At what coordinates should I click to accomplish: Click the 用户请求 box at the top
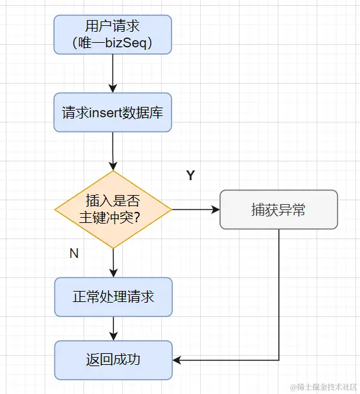(113, 34)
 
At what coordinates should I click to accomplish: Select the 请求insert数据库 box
(113, 112)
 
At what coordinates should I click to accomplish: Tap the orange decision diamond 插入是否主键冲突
(113, 209)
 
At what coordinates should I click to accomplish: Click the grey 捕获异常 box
(278, 209)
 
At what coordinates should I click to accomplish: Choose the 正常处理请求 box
(113, 297)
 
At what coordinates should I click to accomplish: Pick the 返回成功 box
(113, 360)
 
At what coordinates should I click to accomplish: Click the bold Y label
(190, 176)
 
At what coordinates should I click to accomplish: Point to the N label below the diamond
(74, 253)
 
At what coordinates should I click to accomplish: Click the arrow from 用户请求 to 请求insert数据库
(113, 73)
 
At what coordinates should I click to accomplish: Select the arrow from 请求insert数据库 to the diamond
(113, 150)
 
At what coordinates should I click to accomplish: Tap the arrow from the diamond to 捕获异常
(194, 209)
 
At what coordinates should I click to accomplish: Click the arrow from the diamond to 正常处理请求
(113, 262)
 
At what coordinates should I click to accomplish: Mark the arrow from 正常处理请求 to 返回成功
(113, 328)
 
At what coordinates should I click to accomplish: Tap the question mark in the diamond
(137, 218)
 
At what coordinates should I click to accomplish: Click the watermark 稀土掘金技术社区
(323, 387)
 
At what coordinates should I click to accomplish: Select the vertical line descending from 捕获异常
(279, 292)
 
